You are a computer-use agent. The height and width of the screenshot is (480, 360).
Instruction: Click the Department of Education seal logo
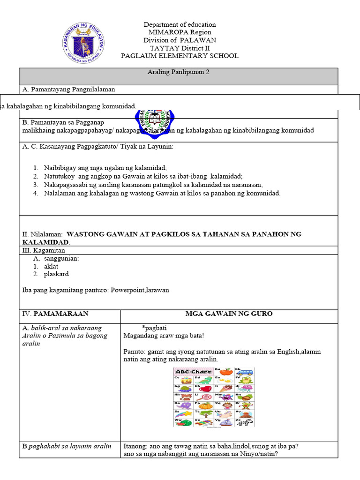83,45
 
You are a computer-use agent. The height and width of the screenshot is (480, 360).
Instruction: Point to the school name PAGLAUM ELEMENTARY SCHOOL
180,56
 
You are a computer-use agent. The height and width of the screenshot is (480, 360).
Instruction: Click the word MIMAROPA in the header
166,32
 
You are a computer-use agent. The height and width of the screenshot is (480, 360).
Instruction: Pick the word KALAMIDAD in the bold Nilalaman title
45,242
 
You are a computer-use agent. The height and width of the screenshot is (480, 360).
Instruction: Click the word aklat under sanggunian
51,266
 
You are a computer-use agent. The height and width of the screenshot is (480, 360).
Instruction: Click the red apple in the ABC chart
226,372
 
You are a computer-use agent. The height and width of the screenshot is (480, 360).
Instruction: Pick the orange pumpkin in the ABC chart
206,405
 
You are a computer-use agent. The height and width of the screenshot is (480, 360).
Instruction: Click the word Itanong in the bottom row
136,446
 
